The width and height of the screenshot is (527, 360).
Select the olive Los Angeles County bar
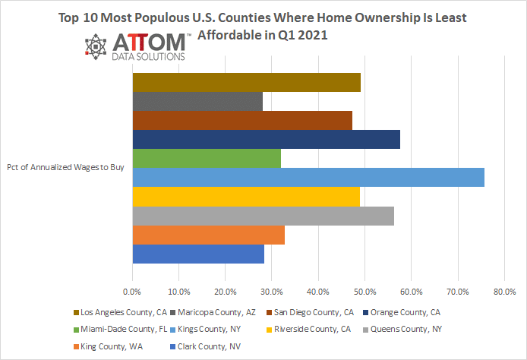246,82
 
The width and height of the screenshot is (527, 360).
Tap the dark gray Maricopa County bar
197,101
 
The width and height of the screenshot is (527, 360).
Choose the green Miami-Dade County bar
207,159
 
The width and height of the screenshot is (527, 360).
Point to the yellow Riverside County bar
246,197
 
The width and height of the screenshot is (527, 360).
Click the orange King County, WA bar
208,235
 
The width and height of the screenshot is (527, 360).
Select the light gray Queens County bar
263,216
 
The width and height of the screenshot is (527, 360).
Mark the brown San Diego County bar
242,120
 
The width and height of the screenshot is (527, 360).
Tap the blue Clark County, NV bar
198,254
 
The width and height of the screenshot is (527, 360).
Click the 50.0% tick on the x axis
364,291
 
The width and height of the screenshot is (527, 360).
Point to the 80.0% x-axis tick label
504,291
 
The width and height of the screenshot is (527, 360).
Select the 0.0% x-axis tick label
132,291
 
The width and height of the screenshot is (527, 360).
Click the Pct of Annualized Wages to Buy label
65,169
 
